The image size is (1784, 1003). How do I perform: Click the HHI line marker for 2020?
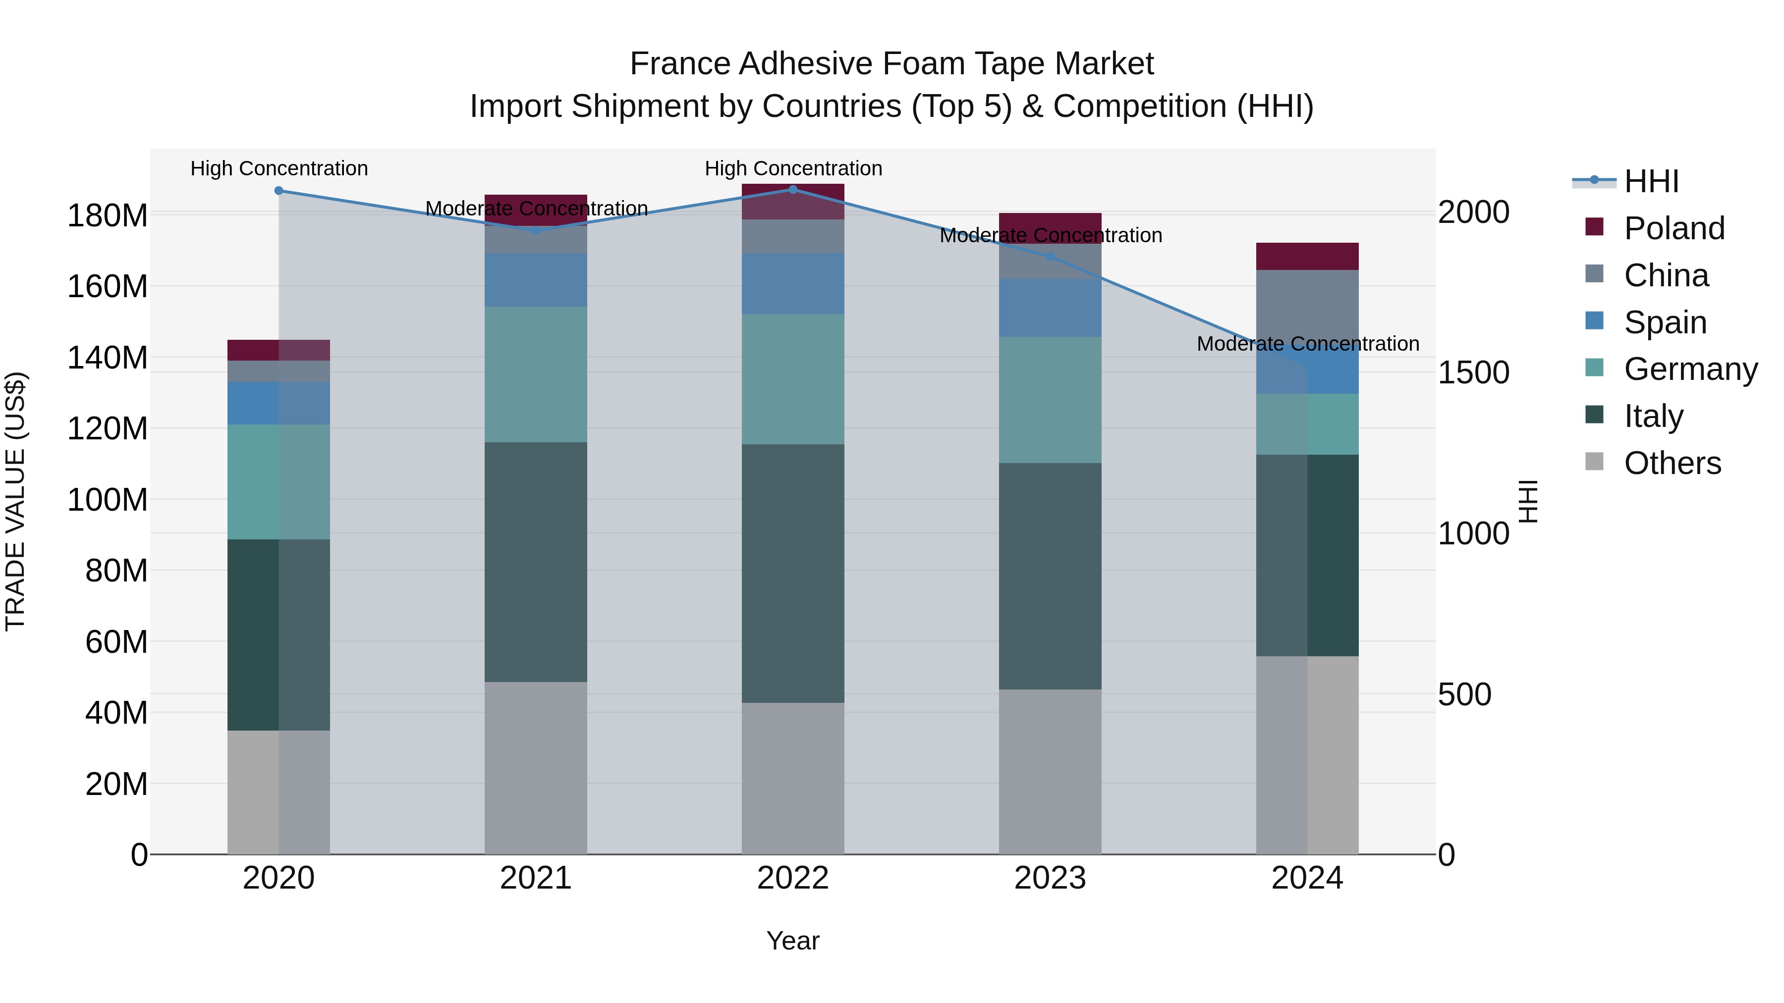click(x=279, y=190)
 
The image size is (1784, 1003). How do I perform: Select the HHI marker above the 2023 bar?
click(x=1050, y=256)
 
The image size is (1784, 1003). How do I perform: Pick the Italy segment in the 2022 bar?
click(x=793, y=573)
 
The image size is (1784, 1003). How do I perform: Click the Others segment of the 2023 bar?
click(x=1050, y=771)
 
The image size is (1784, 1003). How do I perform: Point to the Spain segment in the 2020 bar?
click(x=279, y=403)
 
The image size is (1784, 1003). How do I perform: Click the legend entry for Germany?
click(x=1690, y=369)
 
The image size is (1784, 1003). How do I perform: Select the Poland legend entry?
click(x=1674, y=228)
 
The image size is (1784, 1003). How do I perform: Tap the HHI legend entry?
click(x=1651, y=181)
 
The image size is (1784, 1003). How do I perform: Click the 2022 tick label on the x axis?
click(x=793, y=878)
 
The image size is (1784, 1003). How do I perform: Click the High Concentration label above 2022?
click(x=793, y=168)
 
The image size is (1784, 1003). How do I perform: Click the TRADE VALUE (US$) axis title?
click(x=15, y=501)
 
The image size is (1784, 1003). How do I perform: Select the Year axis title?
click(x=793, y=941)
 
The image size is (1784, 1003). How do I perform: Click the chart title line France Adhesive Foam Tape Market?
click(x=892, y=64)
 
